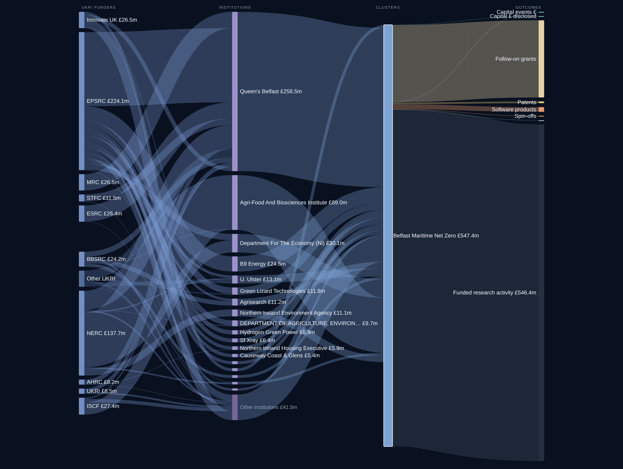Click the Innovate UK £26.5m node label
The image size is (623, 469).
pyautogui.click(x=112, y=20)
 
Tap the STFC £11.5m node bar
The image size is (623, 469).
pyautogui.click(x=82, y=198)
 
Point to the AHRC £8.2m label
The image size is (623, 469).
pyautogui.click(x=103, y=382)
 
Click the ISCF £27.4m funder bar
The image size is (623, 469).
pyautogui.click(x=82, y=406)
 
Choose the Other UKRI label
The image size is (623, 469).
pyautogui.click(x=101, y=279)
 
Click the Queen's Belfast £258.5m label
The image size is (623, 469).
pyautogui.click(x=271, y=91)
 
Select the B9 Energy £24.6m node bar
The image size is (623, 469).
pyautogui.click(x=235, y=264)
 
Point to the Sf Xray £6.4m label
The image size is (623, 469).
pyautogui.click(x=257, y=340)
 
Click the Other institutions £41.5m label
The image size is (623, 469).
pyautogui.click(x=268, y=407)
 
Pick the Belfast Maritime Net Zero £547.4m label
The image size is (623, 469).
pyautogui.click(x=436, y=236)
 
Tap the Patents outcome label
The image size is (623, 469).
pyautogui.click(x=527, y=102)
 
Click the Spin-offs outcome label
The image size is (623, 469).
pyautogui.click(x=525, y=116)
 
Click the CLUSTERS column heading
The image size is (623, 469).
pyautogui.click(x=388, y=7)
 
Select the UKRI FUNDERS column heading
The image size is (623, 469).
pyautogui.click(x=99, y=7)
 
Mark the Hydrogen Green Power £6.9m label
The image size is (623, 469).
pyautogui.click(x=277, y=332)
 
